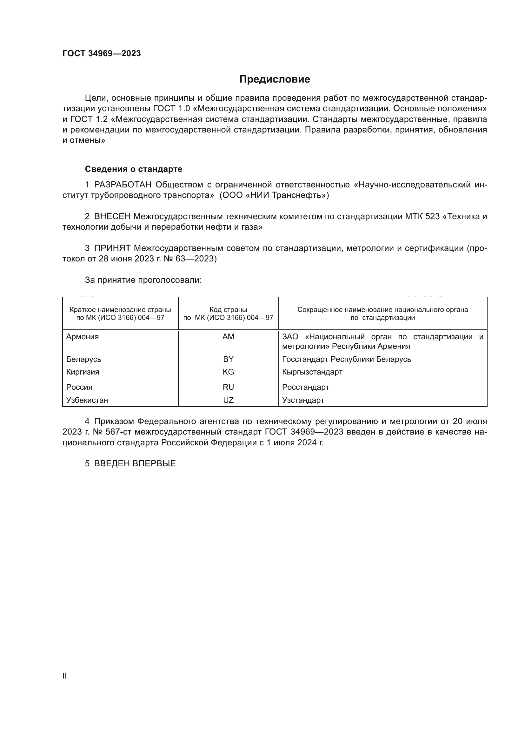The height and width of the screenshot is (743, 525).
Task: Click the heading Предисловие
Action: coord(275,79)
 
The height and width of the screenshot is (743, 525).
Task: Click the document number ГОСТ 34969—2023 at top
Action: coord(102,53)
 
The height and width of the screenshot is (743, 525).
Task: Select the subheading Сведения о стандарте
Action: coord(134,169)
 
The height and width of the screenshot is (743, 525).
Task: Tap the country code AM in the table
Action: coord(228,336)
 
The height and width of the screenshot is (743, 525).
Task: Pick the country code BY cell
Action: coord(228,359)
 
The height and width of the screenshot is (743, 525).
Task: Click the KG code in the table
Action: coord(228,372)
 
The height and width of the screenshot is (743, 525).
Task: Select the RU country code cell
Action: coord(228,387)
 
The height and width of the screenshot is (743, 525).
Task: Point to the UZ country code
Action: coord(228,400)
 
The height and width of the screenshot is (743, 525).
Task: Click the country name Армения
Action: coord(83,336)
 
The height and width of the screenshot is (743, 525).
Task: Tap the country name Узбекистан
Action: coord(87,400)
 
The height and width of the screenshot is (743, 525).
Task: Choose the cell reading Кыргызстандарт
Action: coord(312,372)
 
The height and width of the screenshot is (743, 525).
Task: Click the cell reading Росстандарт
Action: coord(305,387)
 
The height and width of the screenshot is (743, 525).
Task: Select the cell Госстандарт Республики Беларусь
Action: coord(347,359)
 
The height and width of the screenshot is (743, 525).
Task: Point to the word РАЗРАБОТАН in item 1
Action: coord(123,185)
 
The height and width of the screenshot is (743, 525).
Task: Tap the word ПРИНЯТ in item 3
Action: coord(112,248)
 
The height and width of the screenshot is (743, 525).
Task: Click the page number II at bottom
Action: coord(65,676)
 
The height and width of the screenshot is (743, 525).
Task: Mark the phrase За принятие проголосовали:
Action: coord(143,280)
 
